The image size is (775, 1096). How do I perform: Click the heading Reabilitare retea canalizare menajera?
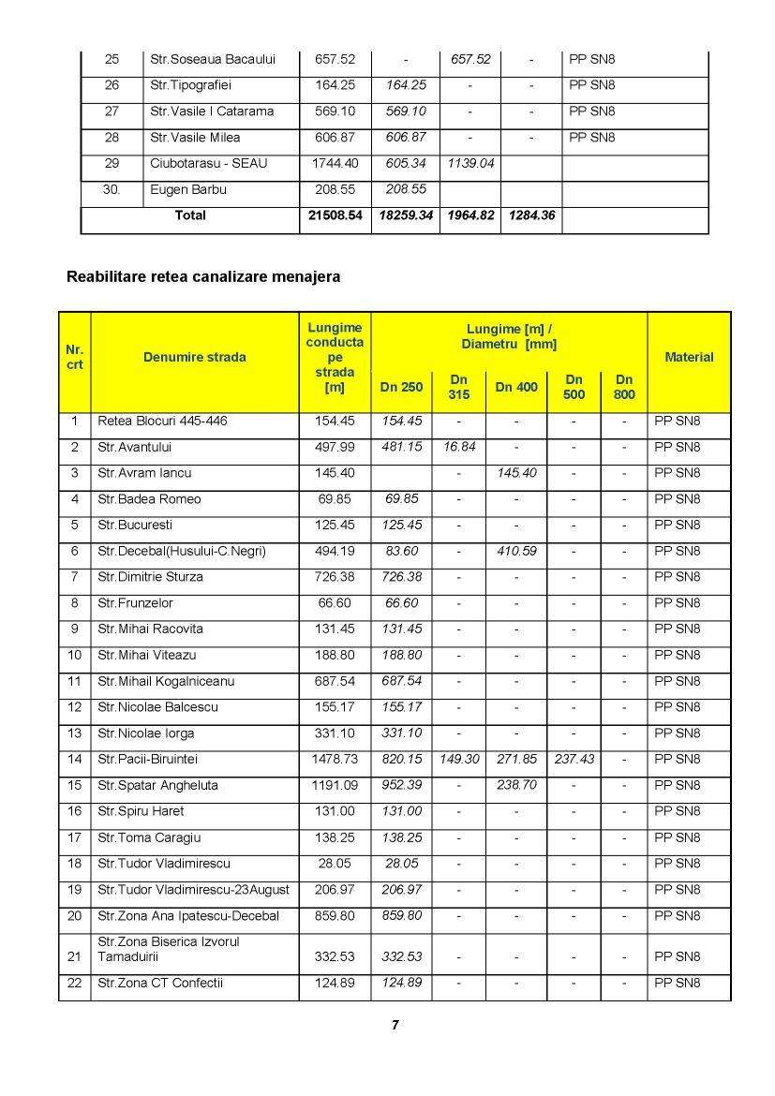tap(203, 277)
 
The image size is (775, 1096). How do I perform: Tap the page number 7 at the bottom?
tap(395, 1025)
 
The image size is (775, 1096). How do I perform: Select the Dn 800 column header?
tap(624, 387)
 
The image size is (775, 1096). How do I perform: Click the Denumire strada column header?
tap(195, 357)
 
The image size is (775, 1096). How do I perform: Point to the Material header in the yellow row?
tap(689, 357)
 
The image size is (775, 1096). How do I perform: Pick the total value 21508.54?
tap(335, 215)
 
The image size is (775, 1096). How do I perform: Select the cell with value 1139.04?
tap(469, 163)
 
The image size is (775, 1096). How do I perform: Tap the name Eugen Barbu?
tap(188, 189)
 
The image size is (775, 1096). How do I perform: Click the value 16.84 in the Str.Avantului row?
tap(459, 447)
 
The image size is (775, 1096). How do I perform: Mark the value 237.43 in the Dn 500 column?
tap(574, 759)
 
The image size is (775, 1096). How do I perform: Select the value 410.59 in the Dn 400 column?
tap(515, 551)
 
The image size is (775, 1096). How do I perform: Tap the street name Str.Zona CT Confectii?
tap(160, 983)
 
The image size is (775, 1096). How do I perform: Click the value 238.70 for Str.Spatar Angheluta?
tap(515, 785)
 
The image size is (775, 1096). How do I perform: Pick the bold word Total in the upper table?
tap(190, 215)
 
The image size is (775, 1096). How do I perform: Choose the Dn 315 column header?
tap(459, 387)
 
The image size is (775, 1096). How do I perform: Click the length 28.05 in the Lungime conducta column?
tap(335, 864)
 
